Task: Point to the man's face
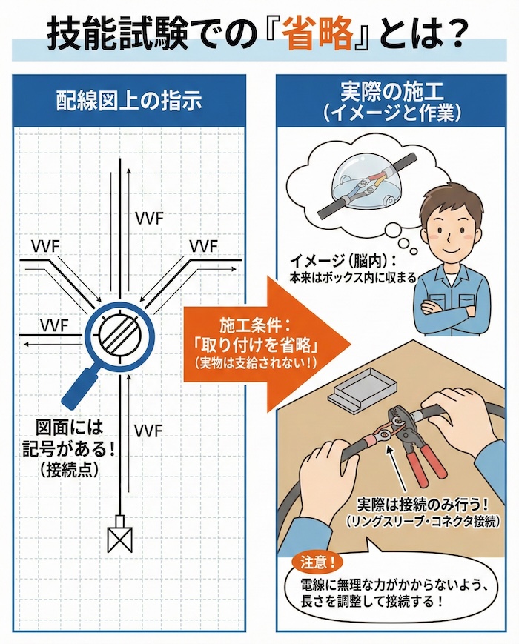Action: pyautogui.click(x=452, y=222)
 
